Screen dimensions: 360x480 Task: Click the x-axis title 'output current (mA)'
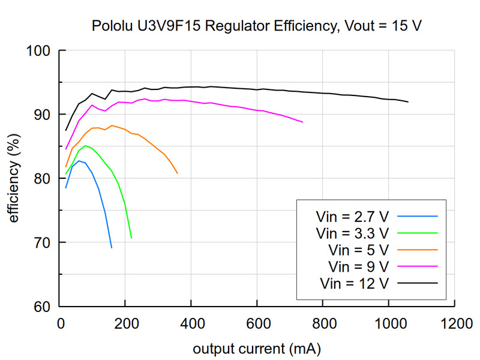click(257, 349)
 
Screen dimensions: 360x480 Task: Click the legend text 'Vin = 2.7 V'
click(353, 215)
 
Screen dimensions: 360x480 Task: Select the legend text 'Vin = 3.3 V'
click(353, 232)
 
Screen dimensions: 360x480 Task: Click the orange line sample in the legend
click(418, 249)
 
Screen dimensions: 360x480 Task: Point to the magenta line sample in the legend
click(418, 265)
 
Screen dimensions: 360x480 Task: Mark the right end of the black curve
click(408, 102)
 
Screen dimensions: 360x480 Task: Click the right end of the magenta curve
click(303, 122)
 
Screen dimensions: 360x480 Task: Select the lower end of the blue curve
click(112, 247)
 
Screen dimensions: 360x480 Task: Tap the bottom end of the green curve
click(131, 238)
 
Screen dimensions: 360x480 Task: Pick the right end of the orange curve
click(177, 173)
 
